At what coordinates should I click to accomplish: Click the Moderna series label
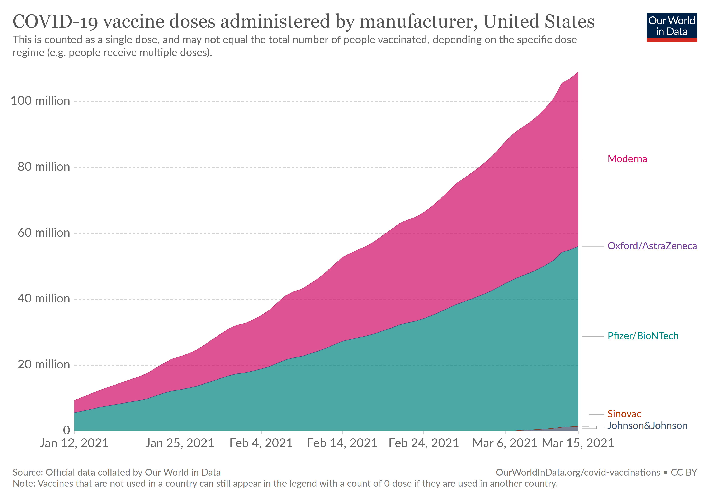627,159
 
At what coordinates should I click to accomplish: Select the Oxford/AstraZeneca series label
652,246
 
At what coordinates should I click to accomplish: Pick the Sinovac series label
624,414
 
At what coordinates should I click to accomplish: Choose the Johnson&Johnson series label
647,426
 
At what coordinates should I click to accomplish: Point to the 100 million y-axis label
41,101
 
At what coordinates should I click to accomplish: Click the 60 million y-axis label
44,233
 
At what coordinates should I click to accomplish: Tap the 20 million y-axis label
44,365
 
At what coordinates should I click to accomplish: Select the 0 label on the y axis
66,430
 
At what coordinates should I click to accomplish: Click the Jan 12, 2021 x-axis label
74,443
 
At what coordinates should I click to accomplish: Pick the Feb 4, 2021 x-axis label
261,443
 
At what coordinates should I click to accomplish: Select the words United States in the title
539,22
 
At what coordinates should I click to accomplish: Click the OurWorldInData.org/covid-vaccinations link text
578,473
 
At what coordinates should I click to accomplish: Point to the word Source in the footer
27,473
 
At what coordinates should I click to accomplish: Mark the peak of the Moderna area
578,73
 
